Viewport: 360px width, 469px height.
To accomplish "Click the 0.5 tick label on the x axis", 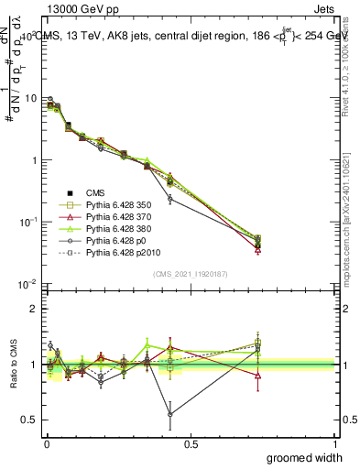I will click(191, 443).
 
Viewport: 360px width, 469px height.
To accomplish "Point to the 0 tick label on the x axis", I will click(47, 443).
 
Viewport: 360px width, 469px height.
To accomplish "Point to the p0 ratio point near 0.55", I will click(170, 414).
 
